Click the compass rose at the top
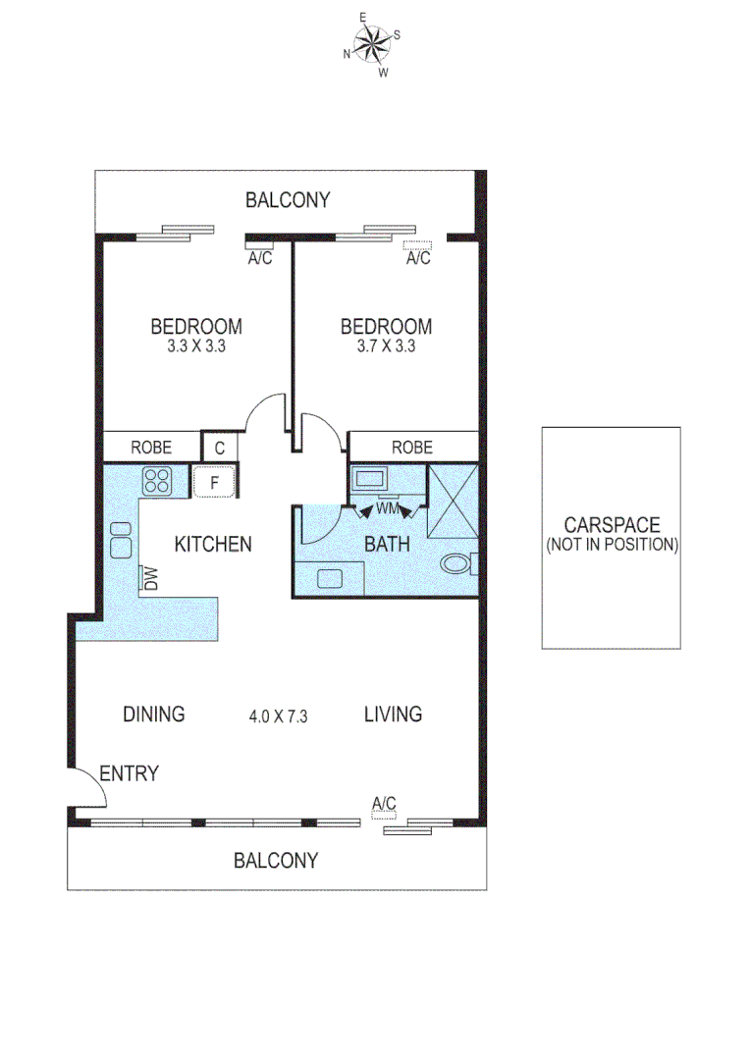[x=372, y=43]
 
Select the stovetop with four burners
[x=157, y=480]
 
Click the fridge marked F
[x=214, y=482]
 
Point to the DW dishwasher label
[x=151, y=578]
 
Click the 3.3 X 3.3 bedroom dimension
[x=196, y=345]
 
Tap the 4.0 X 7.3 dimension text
[x=279, y=716]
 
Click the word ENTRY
[x=129, y=773]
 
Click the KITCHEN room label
[x=213, y=544]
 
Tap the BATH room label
[x=387, y=544]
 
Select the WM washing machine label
[x=387, y=509]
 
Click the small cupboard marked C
[x=219, y=448]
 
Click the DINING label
[x=154, y=715]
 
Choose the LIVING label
[x=394, y=715]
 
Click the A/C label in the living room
[x=384, y=804]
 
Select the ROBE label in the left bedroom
[x=151, y=448]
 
